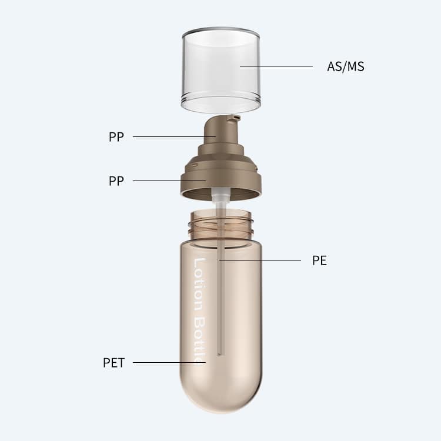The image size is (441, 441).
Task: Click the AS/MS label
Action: click(x=346, y=66)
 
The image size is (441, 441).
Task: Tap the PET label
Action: click(x=113, y=363)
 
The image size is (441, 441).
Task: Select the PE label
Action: click(x=319, y=260)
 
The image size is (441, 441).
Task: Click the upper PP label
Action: click(x=116, y=137)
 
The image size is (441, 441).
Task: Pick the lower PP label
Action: click(x=116, y=181)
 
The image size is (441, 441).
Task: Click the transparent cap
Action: click(x=220, y=71)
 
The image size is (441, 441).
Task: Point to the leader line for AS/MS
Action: click(x=276, y=66)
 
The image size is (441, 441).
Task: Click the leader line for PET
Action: click(x=169, y=363)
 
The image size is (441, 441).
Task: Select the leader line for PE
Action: click(x=260, y=260)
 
